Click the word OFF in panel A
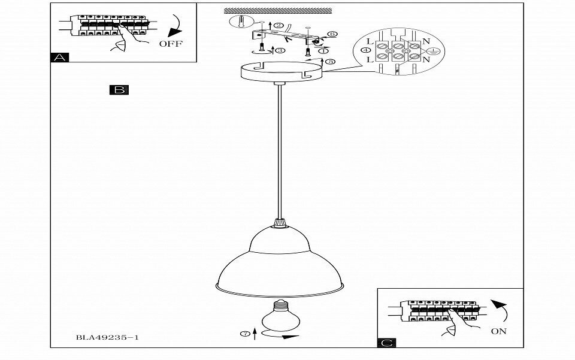click(171, 44)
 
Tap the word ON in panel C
click(498, 331)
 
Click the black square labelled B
click(119, 90)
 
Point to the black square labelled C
click(387, 343)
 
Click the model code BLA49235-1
click(108, 338)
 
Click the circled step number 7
click(244, 332)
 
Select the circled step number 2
click(279, 26)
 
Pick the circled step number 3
click(280, 51)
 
